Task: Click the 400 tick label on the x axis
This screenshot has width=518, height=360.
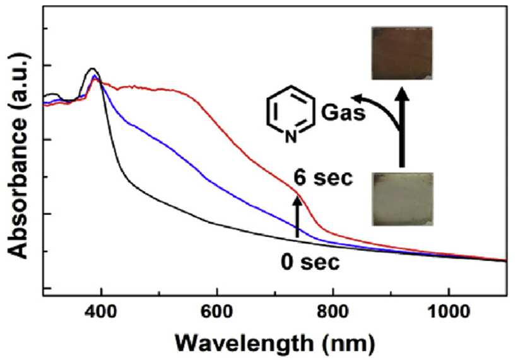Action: coord(101,312)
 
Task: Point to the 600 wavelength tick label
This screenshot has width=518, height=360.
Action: coord(216,312)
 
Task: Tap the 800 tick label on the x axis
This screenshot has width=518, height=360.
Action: coord(333,312)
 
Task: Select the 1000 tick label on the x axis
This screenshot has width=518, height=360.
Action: coord(448,312)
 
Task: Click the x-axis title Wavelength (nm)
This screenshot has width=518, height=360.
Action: coord(275,344)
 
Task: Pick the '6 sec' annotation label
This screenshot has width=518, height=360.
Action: coord(324,178)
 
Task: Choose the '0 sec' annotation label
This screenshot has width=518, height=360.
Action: coord(310,263)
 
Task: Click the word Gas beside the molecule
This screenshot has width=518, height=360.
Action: coord(343,113)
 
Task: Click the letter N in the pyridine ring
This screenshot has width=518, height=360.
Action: coord(291,137)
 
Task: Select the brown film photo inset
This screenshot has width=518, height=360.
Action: coord(402,53)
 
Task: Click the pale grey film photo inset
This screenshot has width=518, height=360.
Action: coord(403,199)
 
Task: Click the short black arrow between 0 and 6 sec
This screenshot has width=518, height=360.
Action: coord(297,216)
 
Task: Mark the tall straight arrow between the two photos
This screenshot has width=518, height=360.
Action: coord(402,127)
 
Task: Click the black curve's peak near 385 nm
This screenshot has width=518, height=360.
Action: coord(93,69)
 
